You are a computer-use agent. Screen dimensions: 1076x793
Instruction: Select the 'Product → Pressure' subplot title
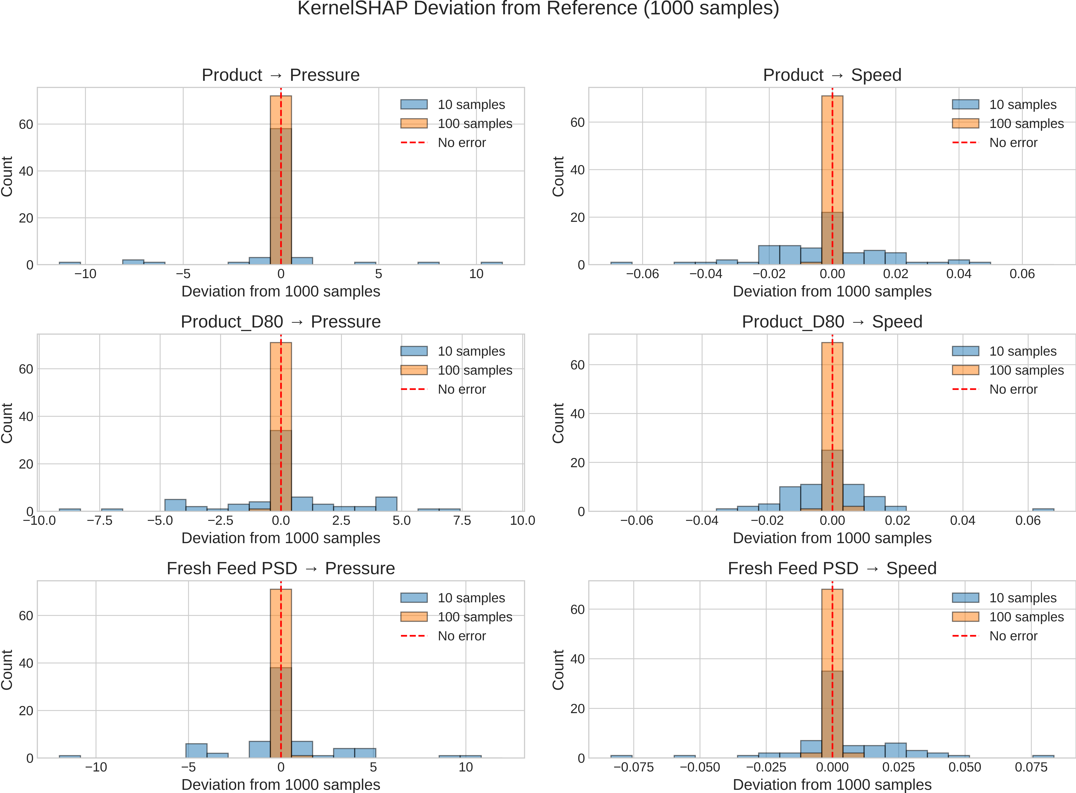click(281, 75)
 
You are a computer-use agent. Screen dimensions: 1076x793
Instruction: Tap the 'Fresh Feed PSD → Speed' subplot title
click(832, 568)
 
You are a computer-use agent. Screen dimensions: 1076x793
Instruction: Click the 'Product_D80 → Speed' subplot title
click(832, 322)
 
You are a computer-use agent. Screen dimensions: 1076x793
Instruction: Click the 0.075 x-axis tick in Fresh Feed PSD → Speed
click(1031, 767)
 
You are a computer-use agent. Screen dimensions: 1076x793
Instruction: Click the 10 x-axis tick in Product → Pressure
click(476, 274)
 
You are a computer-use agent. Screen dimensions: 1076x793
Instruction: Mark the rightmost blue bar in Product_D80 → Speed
click(1043, 510)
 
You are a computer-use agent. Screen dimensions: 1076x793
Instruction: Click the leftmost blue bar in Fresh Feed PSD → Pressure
click(70, 757)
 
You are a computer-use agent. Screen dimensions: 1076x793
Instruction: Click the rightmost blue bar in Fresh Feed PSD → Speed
click(1043, 757)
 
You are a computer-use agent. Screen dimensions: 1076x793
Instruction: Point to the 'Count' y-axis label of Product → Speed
click(558, 176)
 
